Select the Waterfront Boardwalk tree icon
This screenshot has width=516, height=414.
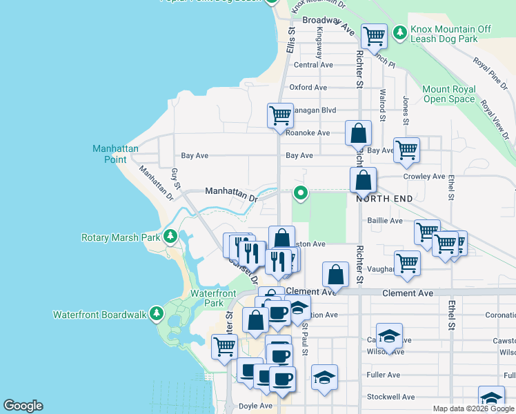tap(157, 314)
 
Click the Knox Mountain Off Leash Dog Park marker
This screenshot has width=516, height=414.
tap(399, 32)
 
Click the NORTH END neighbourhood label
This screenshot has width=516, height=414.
tap(384, 199)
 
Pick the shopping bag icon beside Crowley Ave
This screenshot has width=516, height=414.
tap(363, 180)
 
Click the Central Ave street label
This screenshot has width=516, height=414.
tap(313, 65)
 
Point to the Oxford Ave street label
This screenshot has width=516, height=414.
tap(308, 88)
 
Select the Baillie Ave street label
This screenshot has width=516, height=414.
tap(386, 221)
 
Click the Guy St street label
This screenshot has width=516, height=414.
tap(177, 177)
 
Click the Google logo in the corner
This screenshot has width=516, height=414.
tap(23, 406)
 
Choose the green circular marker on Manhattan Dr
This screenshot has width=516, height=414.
tap(300, 193)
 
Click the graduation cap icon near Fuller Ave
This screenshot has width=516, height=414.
tap(324, 377)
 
